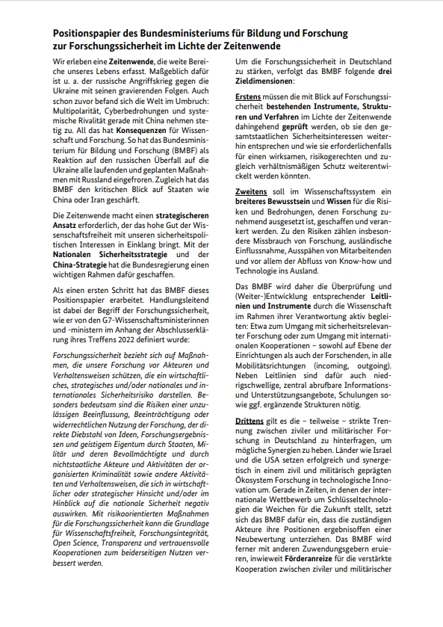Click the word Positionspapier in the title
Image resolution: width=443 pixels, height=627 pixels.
tap(88, 34)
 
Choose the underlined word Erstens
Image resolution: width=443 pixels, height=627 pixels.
tap(249, 97)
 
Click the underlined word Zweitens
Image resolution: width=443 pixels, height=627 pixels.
tap(251, 192)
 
